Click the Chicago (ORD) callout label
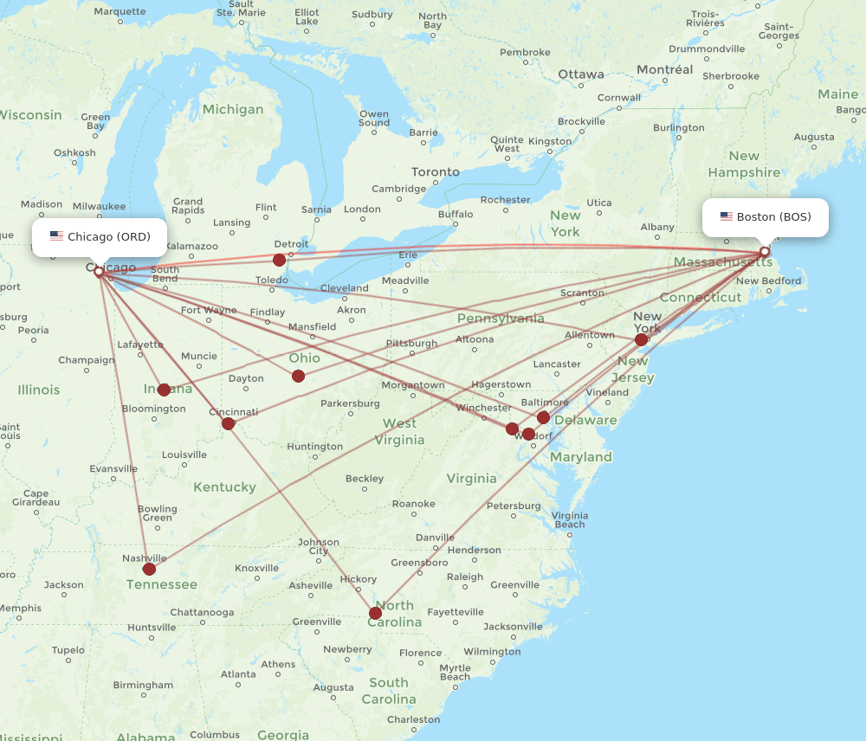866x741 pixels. [100, 236]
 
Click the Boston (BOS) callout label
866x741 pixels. [766, 217]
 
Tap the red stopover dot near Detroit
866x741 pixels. [279, 260]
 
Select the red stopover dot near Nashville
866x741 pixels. [149, 569]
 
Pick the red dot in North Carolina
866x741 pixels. [375, 613]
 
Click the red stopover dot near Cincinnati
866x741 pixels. [228, 423]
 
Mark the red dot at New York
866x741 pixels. [641, 339]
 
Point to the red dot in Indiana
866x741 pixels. [164, 390]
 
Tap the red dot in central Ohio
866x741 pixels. [298, 376]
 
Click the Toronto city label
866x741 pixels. [436, 171]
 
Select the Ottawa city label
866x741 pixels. [581, 74]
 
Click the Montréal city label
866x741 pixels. [665, 69]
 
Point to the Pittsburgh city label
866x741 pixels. [411, 344]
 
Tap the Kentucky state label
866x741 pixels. [224, 486]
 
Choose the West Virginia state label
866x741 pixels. [400, 431]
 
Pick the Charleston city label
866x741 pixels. [414, 719]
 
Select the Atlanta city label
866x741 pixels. [238, 673]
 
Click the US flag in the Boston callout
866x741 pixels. [726, 217]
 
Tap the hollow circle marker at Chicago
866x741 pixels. [99, 272]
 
